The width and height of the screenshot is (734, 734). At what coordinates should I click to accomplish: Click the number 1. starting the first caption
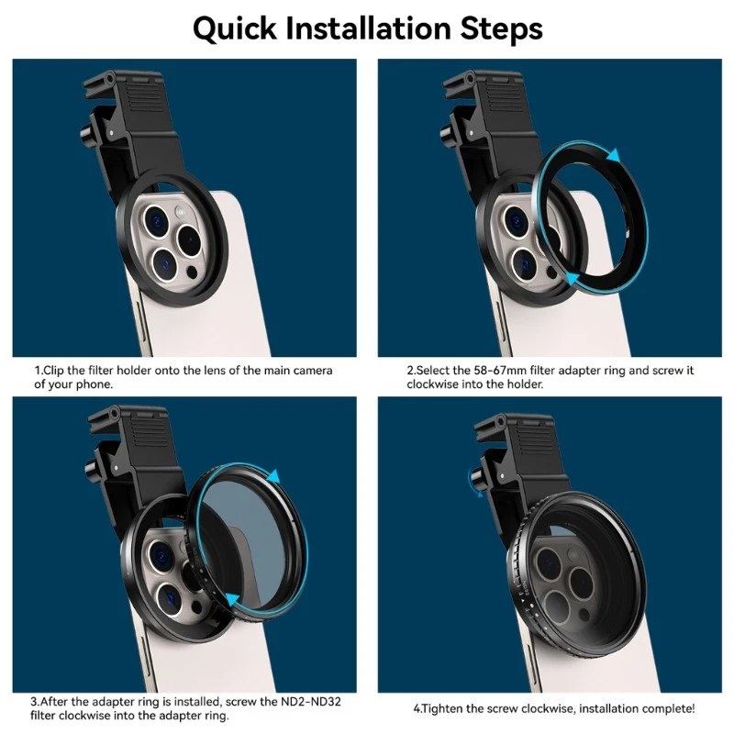point(39,370)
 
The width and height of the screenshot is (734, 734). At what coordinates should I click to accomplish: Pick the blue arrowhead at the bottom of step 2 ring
point(573,279)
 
